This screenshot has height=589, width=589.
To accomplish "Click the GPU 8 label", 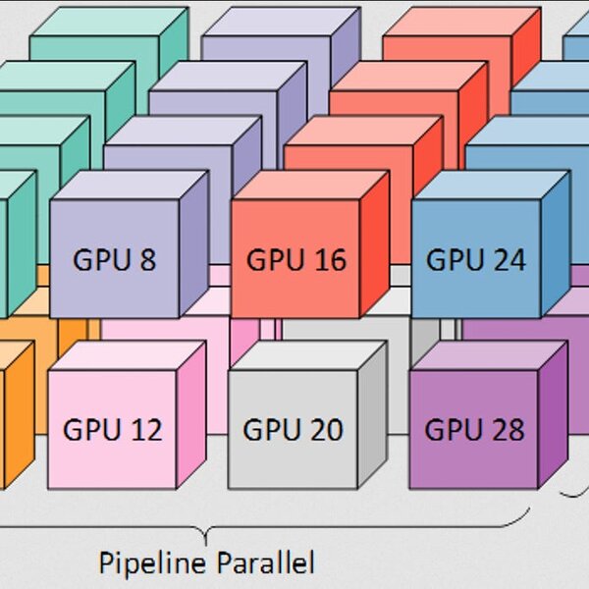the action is [x=115, y=259].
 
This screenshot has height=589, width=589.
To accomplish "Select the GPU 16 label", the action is [x=296, y=259].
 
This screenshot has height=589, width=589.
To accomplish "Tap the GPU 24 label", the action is [x=476, y=259].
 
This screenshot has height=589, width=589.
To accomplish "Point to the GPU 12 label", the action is [x=113, y=429].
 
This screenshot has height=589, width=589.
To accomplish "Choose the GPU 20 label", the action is [x=293, y=429].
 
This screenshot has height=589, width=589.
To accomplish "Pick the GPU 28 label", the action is [x=474, y=429].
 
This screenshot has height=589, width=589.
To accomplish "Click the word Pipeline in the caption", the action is [x=152, y=562].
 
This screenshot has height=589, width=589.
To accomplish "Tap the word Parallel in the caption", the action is [x=266, y=562].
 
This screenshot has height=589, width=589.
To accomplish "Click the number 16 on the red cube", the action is [x=330, y=259].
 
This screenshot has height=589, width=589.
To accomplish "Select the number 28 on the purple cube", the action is [x=509, y=429].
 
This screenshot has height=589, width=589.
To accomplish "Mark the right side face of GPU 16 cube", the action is [x=375, y=244].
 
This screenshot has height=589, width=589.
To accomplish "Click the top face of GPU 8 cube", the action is [x=130, y=186].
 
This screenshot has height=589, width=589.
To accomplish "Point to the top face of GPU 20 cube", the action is [x=307, y=355].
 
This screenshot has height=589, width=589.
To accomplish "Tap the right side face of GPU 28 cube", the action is [x=553, y=414].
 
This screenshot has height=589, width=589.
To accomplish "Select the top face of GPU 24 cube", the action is [x=492, y=186].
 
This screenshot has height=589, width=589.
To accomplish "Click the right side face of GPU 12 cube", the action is [x=191, y=414].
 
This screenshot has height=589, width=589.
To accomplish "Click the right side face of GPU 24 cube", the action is [x=556, y=244].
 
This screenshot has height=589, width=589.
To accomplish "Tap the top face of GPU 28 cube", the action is [x=488, y=355].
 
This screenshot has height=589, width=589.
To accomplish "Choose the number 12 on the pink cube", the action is [x=146, y=429].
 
